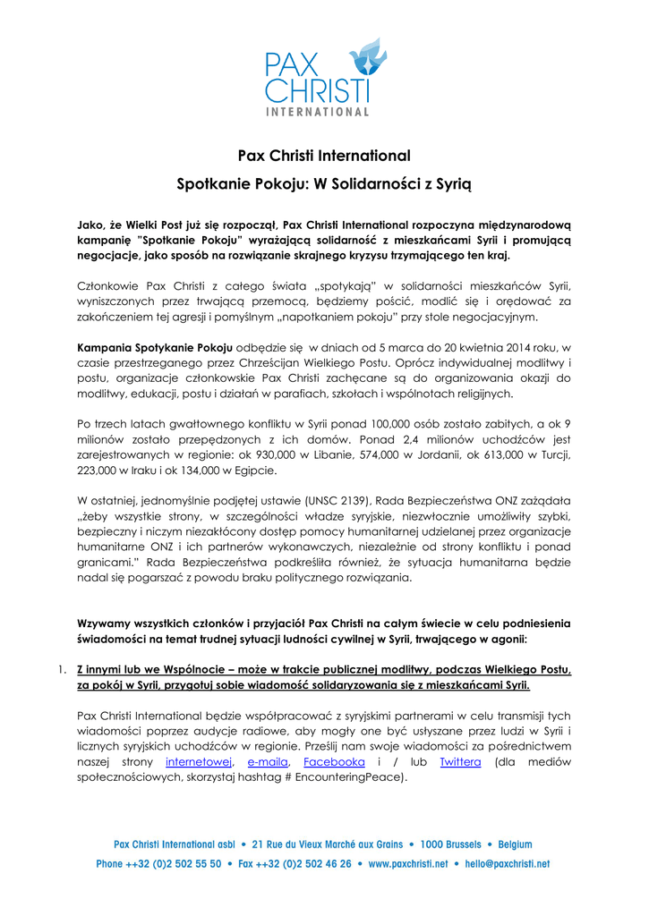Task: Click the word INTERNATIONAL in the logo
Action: tap(318, 112)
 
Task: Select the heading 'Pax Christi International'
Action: tap(323, 156)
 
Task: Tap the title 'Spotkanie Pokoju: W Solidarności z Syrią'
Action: tap(324, 185)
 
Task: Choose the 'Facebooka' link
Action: tap(334, 761)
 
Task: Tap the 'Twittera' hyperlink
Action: tap(460, 761)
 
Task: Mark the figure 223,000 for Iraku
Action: tap(100, 469)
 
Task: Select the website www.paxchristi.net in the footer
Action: tap(407, 864)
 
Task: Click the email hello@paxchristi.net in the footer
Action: tap(508, 864)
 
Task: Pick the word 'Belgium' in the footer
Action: tap(515, 844)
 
